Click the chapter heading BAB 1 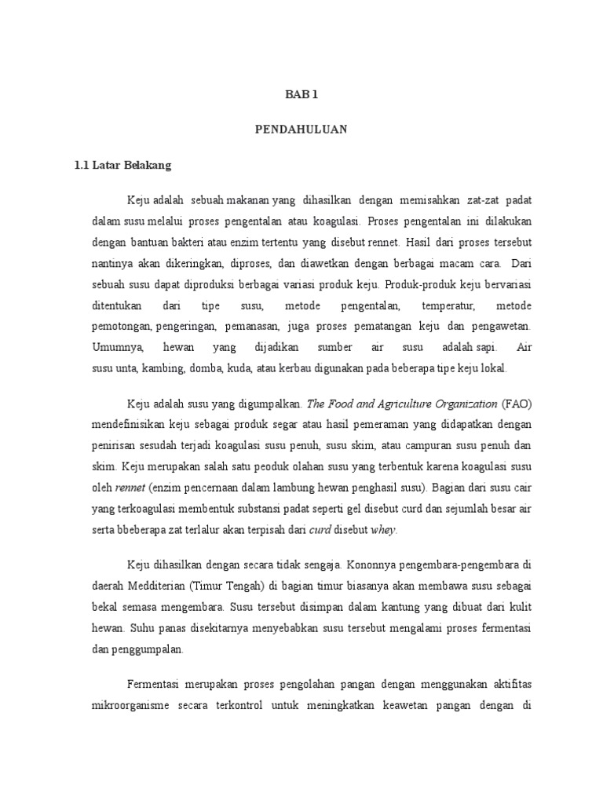coord(301,95)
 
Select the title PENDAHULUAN coord(301,130)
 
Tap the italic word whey coord(383,529)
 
